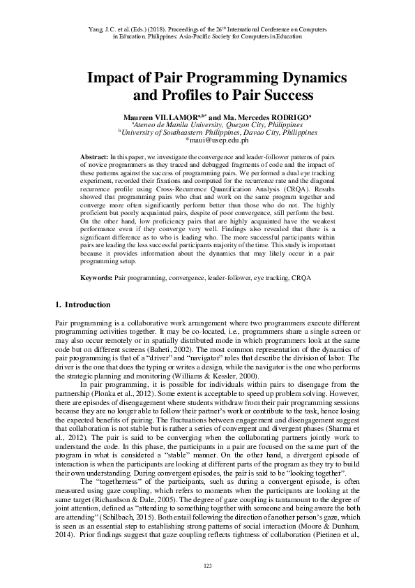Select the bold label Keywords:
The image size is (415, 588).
pyautogui.click(x=97, y=278)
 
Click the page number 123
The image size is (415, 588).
pyautogui.click(x=207, y=564)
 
